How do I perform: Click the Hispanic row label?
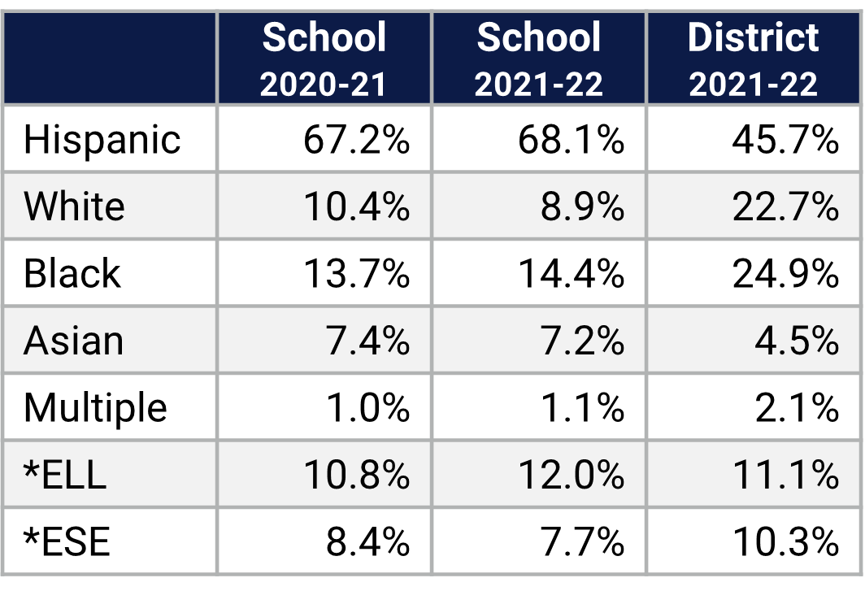tap(102, 140)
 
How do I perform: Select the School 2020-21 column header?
tap(324, 59)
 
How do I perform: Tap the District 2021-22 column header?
tap(754, 59)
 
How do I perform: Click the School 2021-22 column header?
tap(539, 59)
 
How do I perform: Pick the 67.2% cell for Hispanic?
tap(356, 140)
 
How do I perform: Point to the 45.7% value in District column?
tap(785, 140)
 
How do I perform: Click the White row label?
tap(74, 206)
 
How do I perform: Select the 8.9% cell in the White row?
tap(582, 206)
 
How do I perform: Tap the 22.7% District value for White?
tap(785, 206)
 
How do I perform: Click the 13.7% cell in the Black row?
tap(356, 274)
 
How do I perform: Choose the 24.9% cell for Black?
tap(785, 274)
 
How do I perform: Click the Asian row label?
tap(73, 341)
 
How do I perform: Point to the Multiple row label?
tap(95, 407)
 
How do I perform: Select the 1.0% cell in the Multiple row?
tap(367, 407)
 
